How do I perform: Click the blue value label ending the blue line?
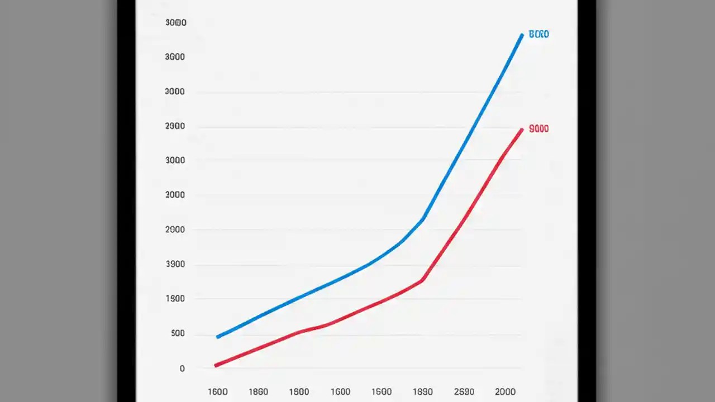click(538, 35)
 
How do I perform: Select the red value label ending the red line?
click(538, 129)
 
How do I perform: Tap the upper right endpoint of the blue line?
click(522, 35)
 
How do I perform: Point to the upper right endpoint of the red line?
click(522, 130)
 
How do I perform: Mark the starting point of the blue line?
click(218, 337)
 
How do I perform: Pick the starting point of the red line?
click(216, 365)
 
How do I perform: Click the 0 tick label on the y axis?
click(182, 369)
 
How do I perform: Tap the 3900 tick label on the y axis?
click(175, 265)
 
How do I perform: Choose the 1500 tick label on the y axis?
click(175, 299)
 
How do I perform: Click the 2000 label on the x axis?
click(505, 392)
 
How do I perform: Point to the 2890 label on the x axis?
click(464, 392)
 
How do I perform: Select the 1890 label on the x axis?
click(423, 392)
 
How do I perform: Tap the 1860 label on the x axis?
click(258, 392)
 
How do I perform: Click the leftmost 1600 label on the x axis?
click(217, 392)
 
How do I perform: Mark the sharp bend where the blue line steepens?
click(423, 219)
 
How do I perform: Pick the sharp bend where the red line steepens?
click(423, 280)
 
